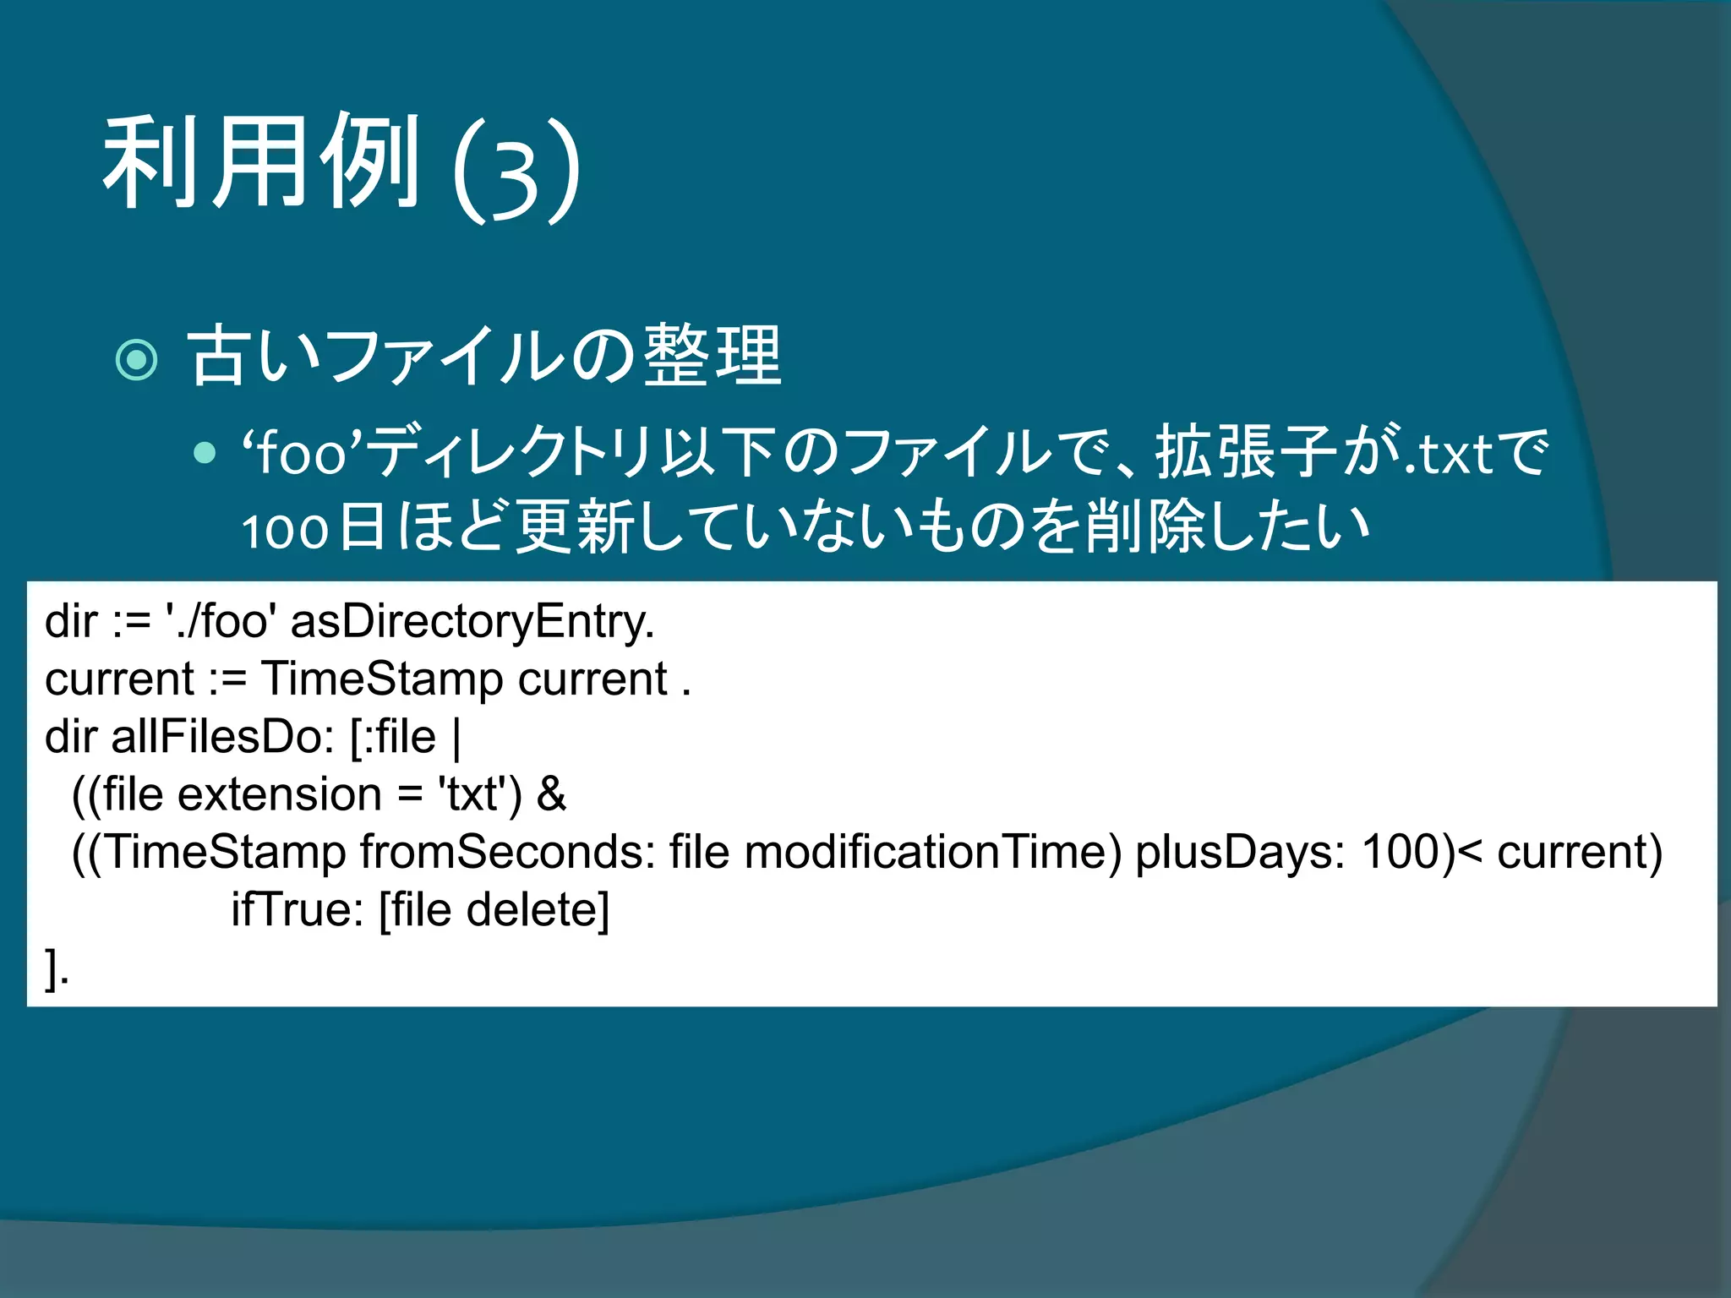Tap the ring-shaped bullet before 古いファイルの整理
tap(137, 360)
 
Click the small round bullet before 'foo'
tap(205, 454)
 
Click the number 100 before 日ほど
tap(285, 531)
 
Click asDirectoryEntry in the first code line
tap(472, 622)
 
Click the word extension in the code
tap(280, 795)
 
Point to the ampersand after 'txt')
tap(551, 795)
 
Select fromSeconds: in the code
tap(508, 852)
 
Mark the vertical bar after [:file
tap(457, 738)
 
